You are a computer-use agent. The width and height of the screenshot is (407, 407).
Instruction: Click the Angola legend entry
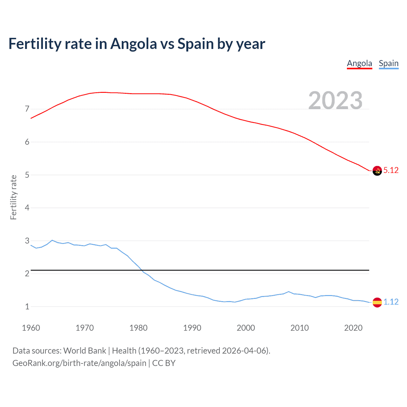tap(359, 63)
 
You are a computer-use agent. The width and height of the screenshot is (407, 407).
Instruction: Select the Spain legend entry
tap(389, 63)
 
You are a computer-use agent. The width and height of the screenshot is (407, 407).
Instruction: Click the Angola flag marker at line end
tap(377, 171)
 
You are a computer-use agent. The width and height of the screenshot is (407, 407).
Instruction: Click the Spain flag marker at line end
tap(377, 302)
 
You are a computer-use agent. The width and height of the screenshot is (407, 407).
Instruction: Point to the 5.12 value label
tap(391, 170)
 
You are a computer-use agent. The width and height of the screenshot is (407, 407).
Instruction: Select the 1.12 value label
tap(391, 302)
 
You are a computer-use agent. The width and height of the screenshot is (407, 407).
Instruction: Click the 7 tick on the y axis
tap(27, 109)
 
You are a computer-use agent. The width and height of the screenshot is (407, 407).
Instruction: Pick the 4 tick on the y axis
tap(27, 208)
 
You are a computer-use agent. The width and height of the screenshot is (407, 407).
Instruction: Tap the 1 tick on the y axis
tap(27, 307)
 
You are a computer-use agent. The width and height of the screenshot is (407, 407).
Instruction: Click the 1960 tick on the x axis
tap(31, 328)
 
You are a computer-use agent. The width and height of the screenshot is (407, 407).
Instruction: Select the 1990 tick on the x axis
tap(192, 328)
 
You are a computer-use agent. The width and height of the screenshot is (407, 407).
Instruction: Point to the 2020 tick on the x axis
tap(353, 328)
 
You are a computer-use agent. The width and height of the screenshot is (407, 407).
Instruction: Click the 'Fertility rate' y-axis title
tap(13, 197)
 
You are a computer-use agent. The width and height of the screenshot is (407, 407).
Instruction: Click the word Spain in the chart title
tap(196, 44)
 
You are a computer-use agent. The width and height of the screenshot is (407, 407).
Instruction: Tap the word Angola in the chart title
tap(134, 44)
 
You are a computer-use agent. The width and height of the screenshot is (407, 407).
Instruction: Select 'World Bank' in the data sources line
tap(85, 351)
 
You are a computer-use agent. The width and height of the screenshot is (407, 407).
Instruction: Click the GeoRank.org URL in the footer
tap(79, 363)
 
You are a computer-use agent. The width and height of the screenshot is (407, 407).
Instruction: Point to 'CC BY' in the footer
tap(164, 363)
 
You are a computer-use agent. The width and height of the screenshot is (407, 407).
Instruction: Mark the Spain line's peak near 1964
tap(52, 240)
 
